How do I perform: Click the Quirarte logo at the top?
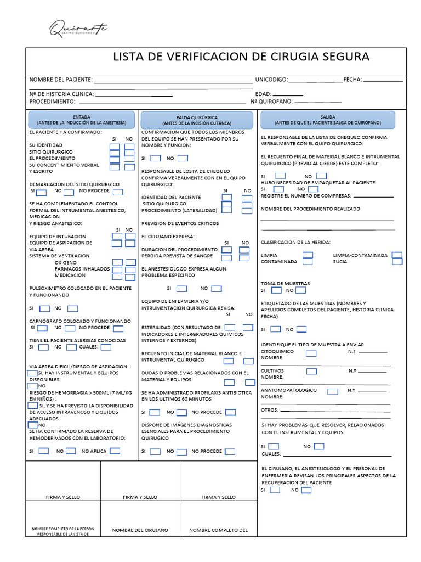(78, 28)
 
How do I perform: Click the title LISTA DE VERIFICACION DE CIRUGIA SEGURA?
(241, 57)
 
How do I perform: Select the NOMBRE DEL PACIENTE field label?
(61, 80)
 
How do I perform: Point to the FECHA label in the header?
(352, 80)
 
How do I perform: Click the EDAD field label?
(263, 94)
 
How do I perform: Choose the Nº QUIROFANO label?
(271, 102)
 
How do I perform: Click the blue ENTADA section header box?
(82, 120)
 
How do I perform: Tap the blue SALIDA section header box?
(328, 120)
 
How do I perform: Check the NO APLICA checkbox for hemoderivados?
(115, 451)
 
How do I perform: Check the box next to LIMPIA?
(308, 255)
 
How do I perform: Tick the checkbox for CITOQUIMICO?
(311, 353)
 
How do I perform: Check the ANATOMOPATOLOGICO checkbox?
(332, 391)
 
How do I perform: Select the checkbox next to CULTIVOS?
(311, 372)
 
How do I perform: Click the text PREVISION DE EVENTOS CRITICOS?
(180, 224)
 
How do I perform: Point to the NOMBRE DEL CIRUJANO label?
(140, 530)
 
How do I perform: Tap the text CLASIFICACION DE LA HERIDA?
(295, 242)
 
